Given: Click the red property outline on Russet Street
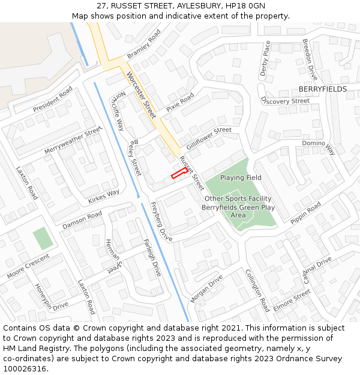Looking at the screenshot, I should [178, 174].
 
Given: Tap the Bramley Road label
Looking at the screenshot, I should [144, 46].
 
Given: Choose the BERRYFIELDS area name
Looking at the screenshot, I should [322, 89].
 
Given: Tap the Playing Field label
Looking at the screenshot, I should [241, 178].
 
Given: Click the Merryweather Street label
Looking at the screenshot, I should [74, 140].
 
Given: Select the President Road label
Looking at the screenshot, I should [53, 99].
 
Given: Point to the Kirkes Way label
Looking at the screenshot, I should [104, 196].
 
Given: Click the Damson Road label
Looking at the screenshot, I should [82, 220].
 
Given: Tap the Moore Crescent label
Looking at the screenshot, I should [28, 266].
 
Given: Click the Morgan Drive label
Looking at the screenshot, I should [206, 288].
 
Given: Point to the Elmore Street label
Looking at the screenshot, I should [292, 300].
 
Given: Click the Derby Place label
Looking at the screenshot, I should [265, 59].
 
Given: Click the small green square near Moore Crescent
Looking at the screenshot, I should [43, 238].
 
